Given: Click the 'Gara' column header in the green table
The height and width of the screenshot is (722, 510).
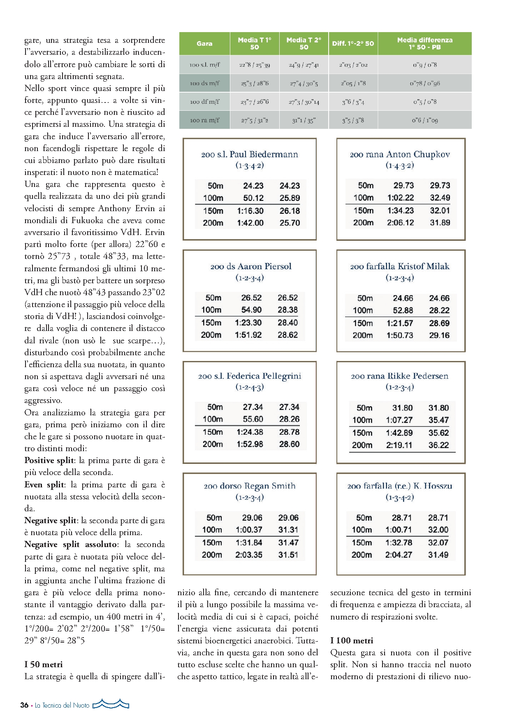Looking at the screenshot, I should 204,44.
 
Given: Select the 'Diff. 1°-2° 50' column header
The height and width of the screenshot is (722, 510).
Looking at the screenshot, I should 353,44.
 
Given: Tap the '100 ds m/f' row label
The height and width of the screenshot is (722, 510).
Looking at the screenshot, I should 204,83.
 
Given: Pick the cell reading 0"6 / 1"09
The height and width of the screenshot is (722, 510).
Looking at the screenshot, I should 425,120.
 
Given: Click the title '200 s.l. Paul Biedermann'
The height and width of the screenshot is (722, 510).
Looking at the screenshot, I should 250,154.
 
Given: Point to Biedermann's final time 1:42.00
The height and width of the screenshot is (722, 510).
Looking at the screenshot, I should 250,223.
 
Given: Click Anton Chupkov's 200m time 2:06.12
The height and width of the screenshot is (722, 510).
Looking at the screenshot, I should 400,223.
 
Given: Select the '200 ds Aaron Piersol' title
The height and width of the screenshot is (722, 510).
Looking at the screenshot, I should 251,266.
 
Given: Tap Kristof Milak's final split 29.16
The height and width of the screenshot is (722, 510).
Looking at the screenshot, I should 439,335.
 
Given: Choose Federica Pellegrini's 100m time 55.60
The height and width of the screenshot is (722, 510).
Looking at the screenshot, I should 253,419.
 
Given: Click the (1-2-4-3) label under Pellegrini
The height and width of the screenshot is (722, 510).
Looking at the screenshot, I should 250,387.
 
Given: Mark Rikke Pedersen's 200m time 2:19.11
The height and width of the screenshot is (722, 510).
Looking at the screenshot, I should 399,445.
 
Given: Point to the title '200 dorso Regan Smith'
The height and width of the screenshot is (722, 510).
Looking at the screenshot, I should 250,486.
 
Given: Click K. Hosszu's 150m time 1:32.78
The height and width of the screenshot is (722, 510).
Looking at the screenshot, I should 399,543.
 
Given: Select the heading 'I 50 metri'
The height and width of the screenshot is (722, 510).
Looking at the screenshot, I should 44,664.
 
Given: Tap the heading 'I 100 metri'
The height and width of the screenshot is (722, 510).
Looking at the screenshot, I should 352,640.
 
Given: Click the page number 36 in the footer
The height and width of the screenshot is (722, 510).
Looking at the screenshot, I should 24,705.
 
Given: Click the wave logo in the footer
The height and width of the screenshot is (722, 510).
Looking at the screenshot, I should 111,704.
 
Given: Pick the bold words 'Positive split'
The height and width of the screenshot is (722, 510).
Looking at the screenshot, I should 49,461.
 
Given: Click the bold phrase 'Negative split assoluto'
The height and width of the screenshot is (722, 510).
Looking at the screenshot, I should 71,545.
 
